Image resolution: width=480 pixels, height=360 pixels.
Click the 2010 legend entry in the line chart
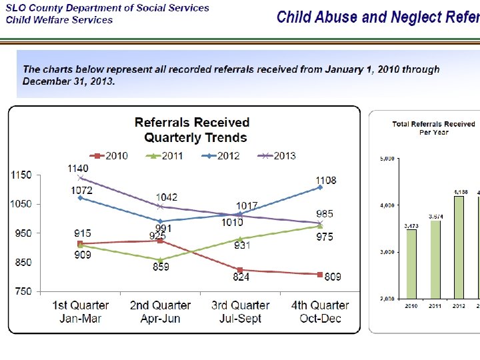click(111, 155)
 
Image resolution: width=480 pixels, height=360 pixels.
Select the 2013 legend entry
click(277, 155)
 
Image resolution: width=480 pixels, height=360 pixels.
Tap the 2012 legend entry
click(221, 155)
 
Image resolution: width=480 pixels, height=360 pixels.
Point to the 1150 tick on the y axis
click(21, 175)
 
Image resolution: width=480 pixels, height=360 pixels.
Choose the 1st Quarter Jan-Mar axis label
click(81, 311)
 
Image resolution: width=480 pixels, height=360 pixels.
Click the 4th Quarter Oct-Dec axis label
click(320, 311)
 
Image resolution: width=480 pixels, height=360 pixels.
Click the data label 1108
click(326, 180)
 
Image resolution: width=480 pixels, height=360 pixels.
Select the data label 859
click(161, 267)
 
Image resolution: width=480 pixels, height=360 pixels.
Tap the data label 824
click(241, 277)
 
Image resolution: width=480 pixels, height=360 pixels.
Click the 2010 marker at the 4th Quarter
click(320, 274)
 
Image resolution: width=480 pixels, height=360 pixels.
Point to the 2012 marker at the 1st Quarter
click(81, 197)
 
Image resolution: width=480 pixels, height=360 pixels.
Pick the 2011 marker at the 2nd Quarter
click(161, 260)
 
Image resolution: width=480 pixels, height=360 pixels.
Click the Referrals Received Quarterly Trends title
click(192, 130)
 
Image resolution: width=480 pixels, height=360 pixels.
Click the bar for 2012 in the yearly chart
click(459, 247)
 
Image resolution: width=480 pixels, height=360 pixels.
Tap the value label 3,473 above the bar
click(411, 226)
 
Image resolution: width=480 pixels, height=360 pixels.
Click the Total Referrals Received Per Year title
click(433, 127)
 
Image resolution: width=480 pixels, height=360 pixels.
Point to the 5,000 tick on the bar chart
click(387, 159)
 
